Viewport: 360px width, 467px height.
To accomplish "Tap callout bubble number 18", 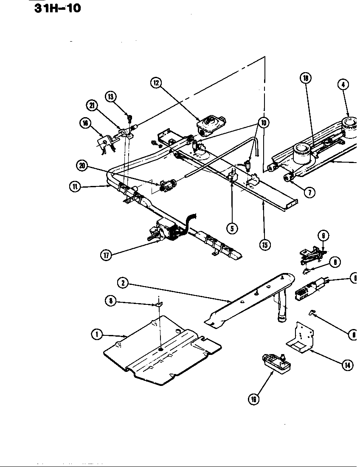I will [305, 78].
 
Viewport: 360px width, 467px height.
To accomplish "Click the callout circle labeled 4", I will [343, 84].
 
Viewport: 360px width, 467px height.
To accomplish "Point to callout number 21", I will [91, 105].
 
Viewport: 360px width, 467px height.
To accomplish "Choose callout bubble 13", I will [111, 96].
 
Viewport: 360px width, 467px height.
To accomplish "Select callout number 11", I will [75, 186].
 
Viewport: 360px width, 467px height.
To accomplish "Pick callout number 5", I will [232, 228].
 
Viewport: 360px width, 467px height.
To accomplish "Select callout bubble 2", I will [123, 282].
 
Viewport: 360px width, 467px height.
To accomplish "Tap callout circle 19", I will [254, 399].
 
